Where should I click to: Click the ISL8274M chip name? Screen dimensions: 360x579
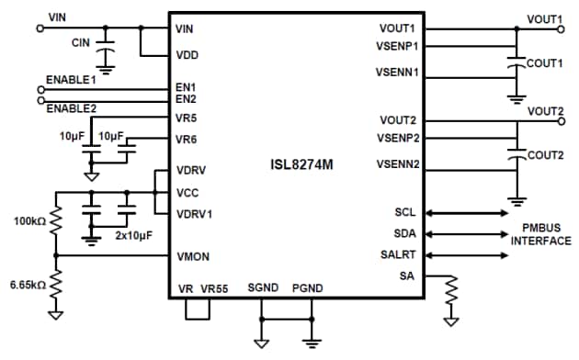click(294, 166)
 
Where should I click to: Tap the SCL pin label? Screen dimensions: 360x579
click(404, 212)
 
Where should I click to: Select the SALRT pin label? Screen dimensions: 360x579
click(399, 254)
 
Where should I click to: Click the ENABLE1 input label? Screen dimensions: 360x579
click(71, 81)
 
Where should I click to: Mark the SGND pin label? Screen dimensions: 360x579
click(263, 288)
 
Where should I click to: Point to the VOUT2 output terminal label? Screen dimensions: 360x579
click(545, 111)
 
